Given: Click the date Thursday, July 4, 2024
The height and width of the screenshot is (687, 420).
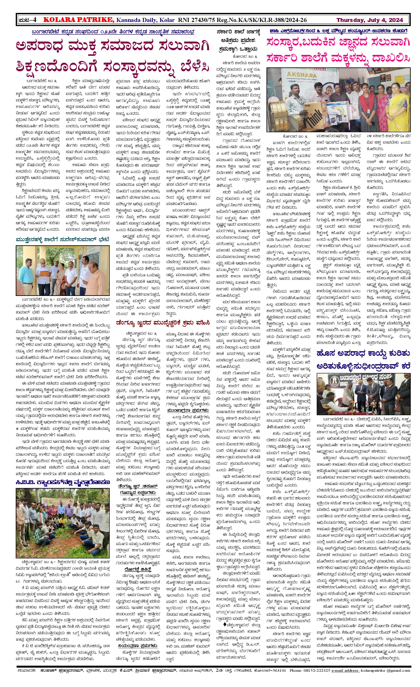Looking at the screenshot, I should (x=370, y=20).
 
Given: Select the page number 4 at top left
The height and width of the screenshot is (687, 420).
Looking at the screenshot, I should (x=34, y=20).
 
